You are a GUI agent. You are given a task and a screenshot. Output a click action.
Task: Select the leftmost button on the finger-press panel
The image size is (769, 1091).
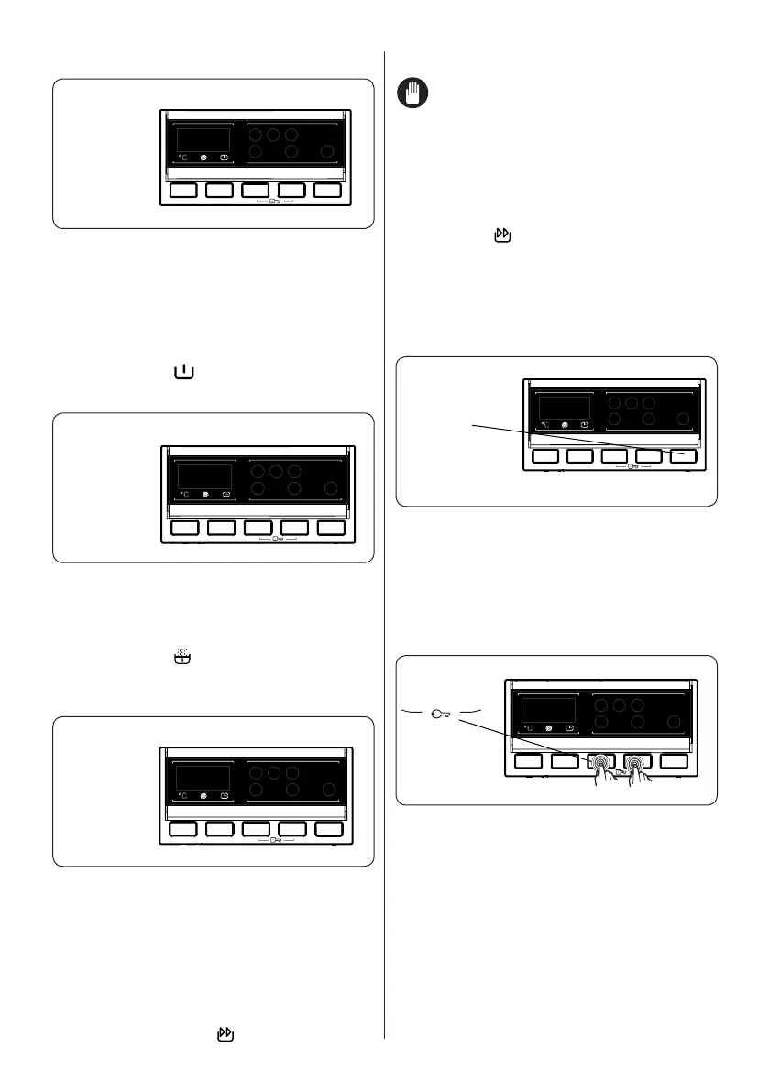pyautogui.click(x=528, y=760)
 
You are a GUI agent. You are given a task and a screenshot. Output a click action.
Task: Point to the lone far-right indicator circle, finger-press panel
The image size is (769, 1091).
pyautogui.click(x=674, y=723)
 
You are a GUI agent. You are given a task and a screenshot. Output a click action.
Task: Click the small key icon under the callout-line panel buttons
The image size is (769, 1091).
pyautogui.click(x=632, y=468)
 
